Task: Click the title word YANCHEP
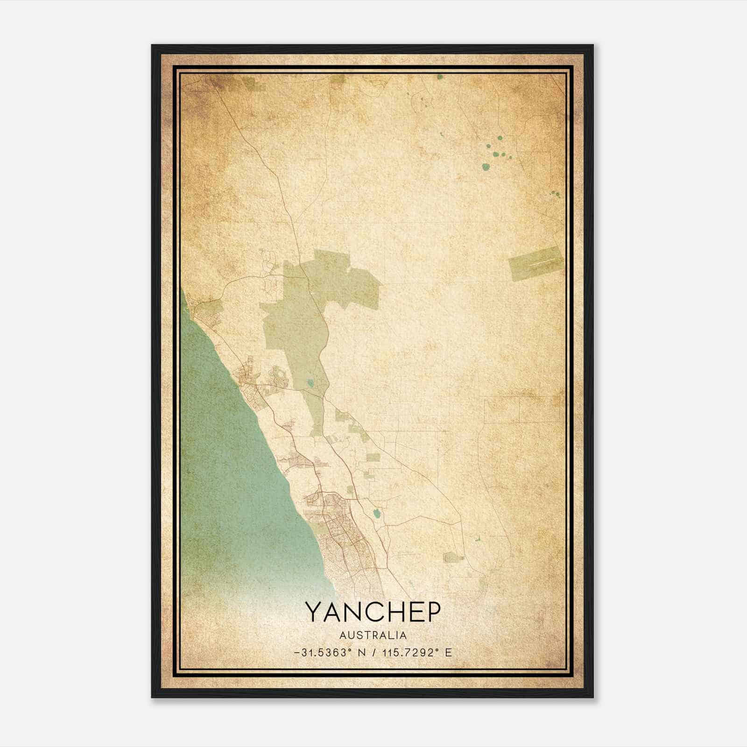[x=373, y=612]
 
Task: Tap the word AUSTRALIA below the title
[x=373, y=635]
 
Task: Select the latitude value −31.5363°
[x=322, y=653]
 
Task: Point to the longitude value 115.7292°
[x=412, y=653]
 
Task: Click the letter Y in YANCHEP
[x=314, y=612]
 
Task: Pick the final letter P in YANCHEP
[x=432, y=612]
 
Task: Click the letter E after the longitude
[x=448, y=653]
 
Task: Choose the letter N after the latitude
[x=361, y=653]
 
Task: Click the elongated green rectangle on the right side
[x=535, y=263]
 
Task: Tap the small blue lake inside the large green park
[x=310, y=384]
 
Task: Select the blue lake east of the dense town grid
[x=376, y=514]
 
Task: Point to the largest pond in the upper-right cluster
[x=486, y=166]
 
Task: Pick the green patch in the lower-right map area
[x=451, y=557]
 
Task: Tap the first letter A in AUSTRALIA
[x=343, y=635]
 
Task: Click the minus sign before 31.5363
[x=297, y=653]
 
